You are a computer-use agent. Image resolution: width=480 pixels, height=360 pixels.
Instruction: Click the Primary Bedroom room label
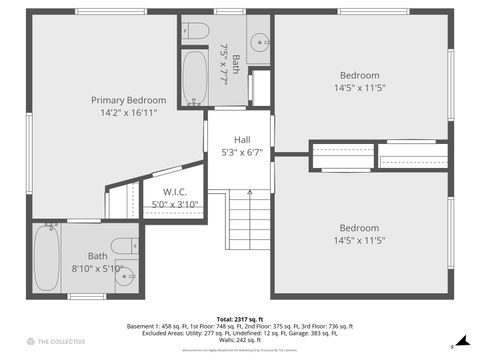[128, 100]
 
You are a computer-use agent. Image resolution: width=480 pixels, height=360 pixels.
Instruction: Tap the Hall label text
[242, 140]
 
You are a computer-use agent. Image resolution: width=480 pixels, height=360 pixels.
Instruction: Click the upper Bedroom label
[359, 76]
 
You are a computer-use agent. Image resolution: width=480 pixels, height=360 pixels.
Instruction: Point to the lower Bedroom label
[359, 227]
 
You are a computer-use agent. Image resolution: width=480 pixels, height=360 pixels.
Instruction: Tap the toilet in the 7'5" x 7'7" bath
[196, 28]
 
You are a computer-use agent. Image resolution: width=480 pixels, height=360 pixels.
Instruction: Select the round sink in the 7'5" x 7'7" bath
[259, 42]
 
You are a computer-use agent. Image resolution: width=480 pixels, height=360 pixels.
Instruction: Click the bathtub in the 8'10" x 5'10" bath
[45, 257]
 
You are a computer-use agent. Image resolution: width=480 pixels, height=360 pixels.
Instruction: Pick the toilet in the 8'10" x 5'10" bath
[125, 246]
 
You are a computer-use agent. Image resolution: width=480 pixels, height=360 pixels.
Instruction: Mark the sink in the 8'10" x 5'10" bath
[123, 277]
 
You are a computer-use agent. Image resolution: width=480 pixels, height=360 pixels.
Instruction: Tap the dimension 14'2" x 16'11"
[128, 113]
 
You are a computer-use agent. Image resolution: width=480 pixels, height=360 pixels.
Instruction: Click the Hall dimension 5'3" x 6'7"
[242, 153]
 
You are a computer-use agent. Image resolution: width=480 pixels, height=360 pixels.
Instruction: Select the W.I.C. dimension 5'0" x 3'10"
[175, 204]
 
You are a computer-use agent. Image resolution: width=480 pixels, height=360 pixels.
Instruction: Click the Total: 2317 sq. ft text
[239, 317]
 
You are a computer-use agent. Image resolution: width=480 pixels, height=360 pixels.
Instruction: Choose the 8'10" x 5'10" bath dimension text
[97, 268]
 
